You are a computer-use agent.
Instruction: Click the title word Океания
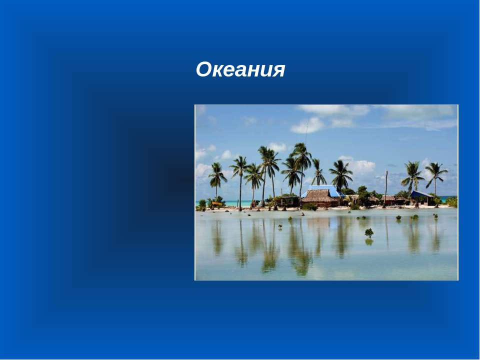click(240, 69)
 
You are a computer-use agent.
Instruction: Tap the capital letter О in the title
click(203, 69)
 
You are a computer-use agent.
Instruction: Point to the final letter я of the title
click(278, 71)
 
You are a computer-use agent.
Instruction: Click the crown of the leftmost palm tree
click(217, 174)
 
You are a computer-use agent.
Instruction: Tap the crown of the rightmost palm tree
click(436, 171)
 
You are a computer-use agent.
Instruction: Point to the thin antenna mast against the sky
click(306, 132)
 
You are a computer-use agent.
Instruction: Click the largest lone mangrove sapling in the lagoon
click(369, 232)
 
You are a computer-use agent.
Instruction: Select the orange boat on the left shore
click(217, 203)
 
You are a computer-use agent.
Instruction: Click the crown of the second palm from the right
click(412, 173)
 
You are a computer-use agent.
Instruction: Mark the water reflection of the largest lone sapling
click(369, 242)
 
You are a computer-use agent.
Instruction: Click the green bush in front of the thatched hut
click(309, 206)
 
